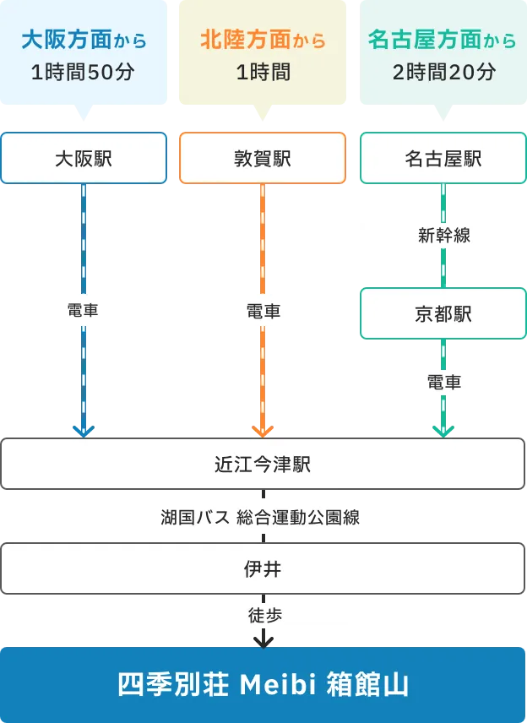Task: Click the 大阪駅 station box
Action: (x=84, y=158)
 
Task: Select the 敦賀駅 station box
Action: (x=263, y=158)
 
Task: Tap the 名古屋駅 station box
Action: (x=443, y=158)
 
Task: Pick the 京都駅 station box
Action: (x=443, y=314)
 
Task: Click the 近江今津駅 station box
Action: (x=263, y=464)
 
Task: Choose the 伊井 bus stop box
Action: (x=263, y=569)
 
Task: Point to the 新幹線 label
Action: (x=443, y=236)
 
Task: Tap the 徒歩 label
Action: (x=263, y=616)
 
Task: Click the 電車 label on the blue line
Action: (x=84, y=311)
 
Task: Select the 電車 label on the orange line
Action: (x=263, y=311)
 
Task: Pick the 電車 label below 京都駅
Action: (x=443, y=383)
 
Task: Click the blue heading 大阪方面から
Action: (x=84, y=40)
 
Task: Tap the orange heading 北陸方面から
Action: (x=263, y=40)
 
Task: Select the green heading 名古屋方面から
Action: (x=443, y=40)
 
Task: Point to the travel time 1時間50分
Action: (x=84, y=73)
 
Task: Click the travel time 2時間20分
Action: (x=443, y=73)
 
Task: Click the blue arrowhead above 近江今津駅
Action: (x=84, y=431)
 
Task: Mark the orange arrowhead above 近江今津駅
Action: (x=263, y=431)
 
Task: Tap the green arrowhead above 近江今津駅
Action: (x=443, y=431)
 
